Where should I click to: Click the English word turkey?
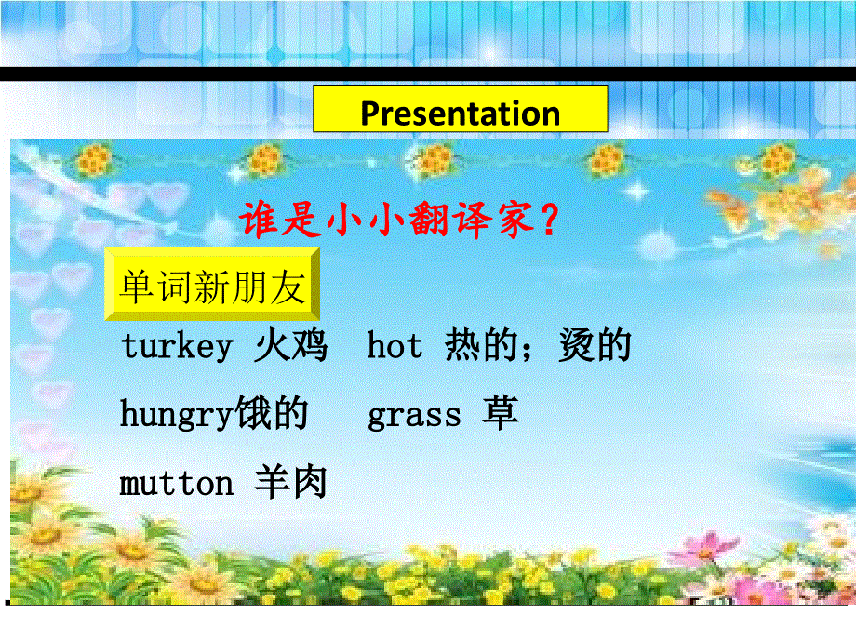[x=176, y=347]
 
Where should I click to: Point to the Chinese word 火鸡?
[x=290, y=346]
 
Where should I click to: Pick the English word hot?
[x=395, y=346]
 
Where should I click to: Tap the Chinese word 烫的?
[x=595, y=346]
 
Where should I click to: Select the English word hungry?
[x=176, y=415]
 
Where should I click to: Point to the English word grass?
[x=414, y=415]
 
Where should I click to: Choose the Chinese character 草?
[x=500, y=415]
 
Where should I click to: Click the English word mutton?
[x=176, y=484]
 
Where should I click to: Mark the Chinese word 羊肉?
[x=290, y=484]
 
